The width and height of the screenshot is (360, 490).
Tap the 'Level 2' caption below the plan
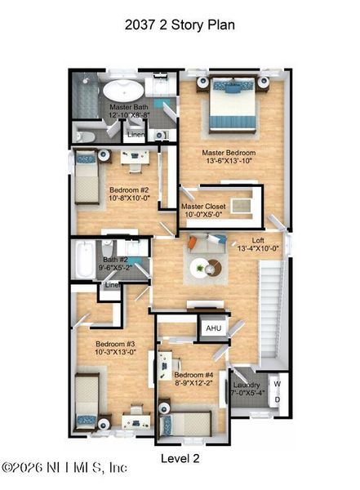179,458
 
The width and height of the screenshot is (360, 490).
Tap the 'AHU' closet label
213,328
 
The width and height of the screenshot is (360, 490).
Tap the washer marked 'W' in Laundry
277,384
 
